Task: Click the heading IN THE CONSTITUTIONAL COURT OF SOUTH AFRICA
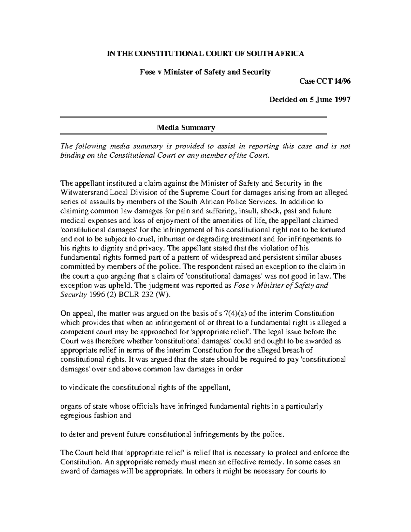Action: [x=206, y=54]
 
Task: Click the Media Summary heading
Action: [x=186, y=128]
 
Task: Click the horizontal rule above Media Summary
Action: [x=194, y=117]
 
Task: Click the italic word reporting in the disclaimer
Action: [x=264, y=147]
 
